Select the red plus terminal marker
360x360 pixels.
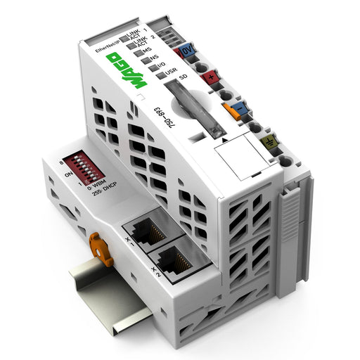click(210, 78)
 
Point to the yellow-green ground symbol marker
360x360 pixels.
click(268, 143)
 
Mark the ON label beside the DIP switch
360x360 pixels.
click(69, 174)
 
